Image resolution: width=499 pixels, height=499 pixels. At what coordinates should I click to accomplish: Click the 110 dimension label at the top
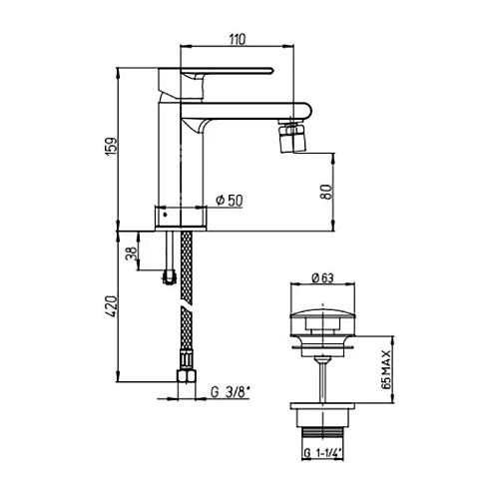coord(238,39)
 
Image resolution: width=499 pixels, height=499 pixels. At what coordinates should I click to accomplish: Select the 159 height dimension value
coord(112,146)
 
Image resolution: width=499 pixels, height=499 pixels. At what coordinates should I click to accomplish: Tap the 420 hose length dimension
coord(112,306)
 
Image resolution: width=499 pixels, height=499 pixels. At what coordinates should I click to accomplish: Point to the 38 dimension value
coord(131,253)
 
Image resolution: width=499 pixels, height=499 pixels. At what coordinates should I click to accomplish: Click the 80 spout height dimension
coord(326,192)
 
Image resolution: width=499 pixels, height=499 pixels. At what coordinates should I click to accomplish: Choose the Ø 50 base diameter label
coord(230,200)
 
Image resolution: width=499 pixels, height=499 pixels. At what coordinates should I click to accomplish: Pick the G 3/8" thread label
coord(231,392)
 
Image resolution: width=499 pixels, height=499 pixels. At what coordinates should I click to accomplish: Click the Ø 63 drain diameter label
coord(322,277)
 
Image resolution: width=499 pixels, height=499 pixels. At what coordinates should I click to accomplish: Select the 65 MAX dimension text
coord(386,369)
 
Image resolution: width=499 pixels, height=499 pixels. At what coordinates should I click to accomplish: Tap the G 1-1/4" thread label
coord(322,453)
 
